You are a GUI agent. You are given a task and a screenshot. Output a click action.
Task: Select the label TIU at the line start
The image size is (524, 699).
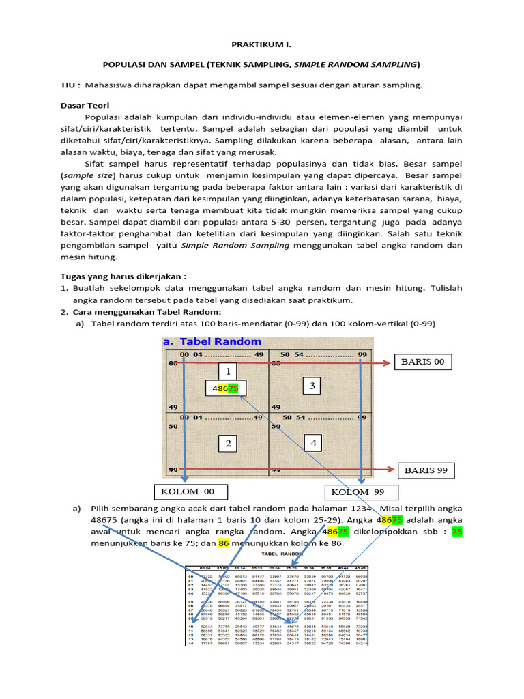click(70, 85)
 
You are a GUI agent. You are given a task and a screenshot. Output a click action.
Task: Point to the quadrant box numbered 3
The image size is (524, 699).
click(312, 386)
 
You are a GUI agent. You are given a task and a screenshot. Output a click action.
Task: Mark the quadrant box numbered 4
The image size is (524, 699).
click(313, 443)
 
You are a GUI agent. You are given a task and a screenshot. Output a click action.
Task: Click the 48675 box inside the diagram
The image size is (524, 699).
click(224, 389)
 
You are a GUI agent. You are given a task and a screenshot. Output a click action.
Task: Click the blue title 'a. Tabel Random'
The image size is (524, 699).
click(212, 341)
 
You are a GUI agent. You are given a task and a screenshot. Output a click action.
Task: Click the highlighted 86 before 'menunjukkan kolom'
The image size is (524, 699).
click(223, 543)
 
